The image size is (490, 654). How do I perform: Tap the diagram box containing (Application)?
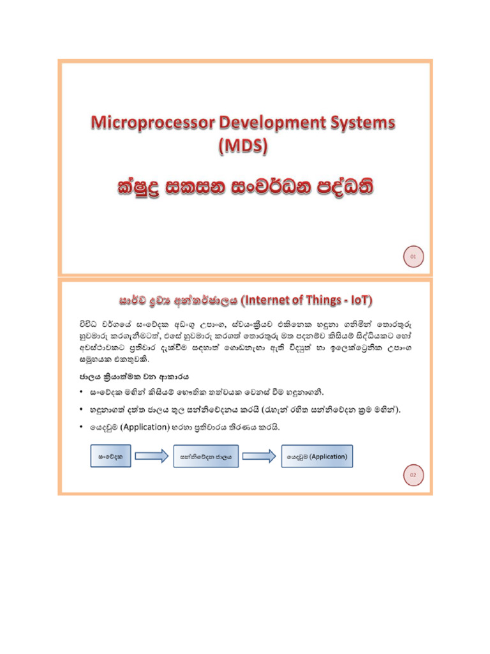tap(316, 457)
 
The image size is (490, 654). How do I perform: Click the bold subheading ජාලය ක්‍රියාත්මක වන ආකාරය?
tap(131, 375)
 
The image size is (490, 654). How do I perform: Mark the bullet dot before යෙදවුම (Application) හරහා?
tap(82, 426)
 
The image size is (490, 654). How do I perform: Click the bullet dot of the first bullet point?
tap(82, 391)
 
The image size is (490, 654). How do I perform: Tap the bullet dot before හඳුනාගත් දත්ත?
tap(82, 409)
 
